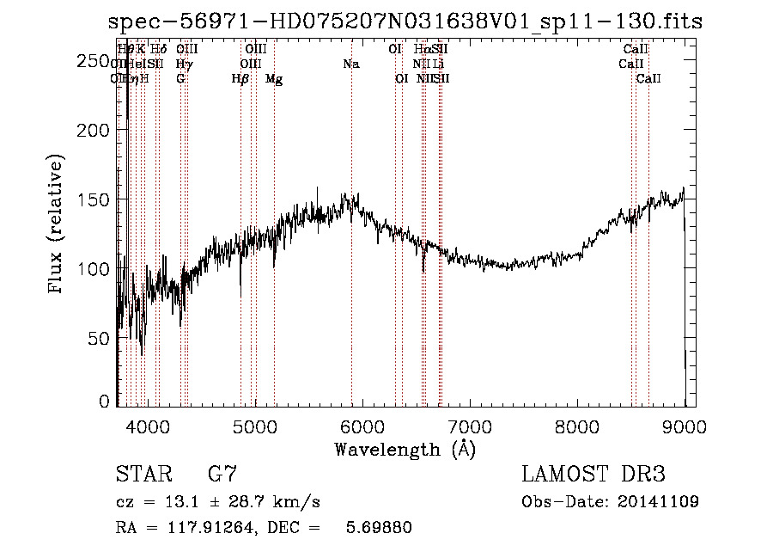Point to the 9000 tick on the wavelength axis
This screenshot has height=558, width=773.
coord(685,425)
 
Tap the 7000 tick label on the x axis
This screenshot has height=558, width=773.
coord(469,425)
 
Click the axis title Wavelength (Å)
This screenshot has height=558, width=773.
coord(405,448)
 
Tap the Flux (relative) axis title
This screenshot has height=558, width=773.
coord(57,226)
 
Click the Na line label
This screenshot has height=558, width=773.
coord(350,64)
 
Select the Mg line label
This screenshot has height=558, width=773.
coord(274,79)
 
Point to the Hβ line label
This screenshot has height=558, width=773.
coord(240,79)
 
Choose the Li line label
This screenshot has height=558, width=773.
coord(439,64)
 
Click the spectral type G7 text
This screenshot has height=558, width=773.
coord(222,474)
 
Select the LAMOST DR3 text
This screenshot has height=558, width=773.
coord(593,474)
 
